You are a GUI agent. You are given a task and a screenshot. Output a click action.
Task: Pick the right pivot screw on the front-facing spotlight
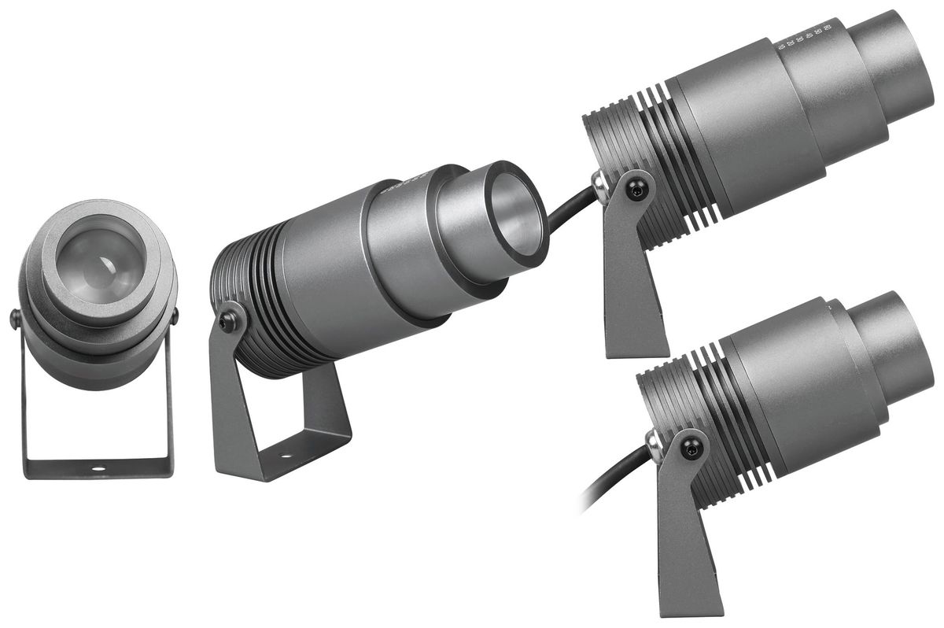174,315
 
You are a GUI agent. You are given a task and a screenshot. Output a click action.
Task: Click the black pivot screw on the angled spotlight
229,318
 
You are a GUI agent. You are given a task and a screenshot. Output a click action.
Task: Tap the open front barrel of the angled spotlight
515,209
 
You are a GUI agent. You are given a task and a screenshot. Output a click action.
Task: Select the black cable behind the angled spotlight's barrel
566,211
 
